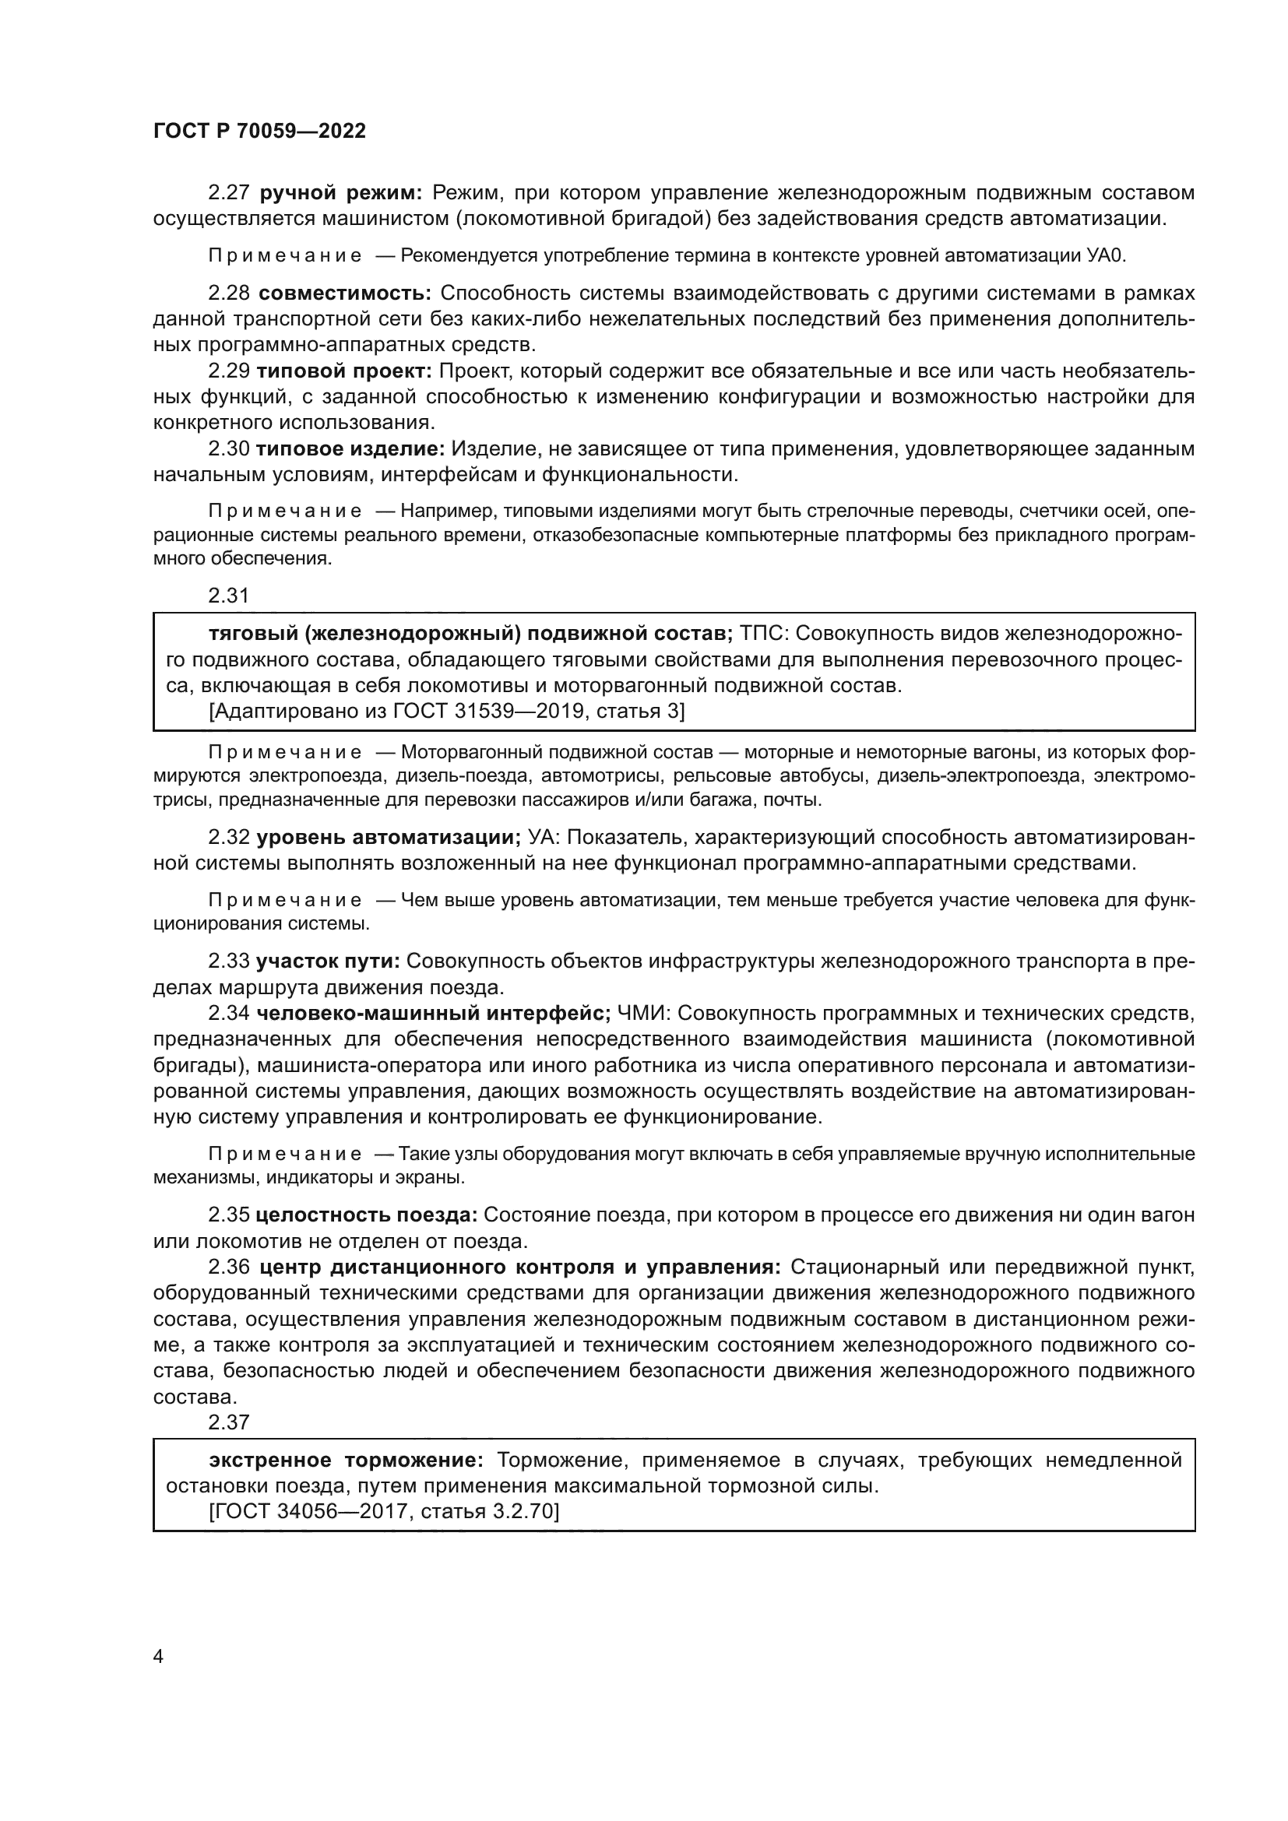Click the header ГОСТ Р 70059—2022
coord(259,132)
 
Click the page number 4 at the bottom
coord(158,1657)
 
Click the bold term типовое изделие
coord(350,449)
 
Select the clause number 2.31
coord(228,596)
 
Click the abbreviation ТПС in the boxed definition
coord(762,634)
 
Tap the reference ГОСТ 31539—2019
coord(474,712)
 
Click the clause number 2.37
coord(228,1422)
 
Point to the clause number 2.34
coord(228,1014)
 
